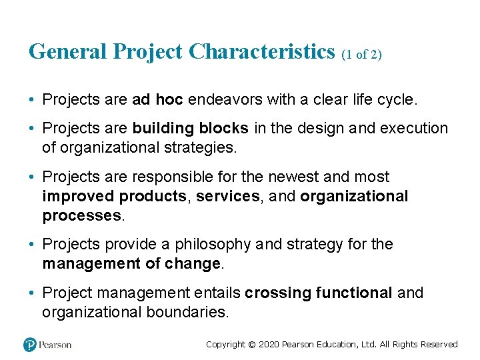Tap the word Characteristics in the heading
coord(262,52)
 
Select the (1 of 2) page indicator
coord(361,55)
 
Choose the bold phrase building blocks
coord(191,128)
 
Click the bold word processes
coord(82,215)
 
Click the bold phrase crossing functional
coord(318,293)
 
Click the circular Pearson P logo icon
coord(29,345)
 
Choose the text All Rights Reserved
coord(419,345)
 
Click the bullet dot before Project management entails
coord(33,293)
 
